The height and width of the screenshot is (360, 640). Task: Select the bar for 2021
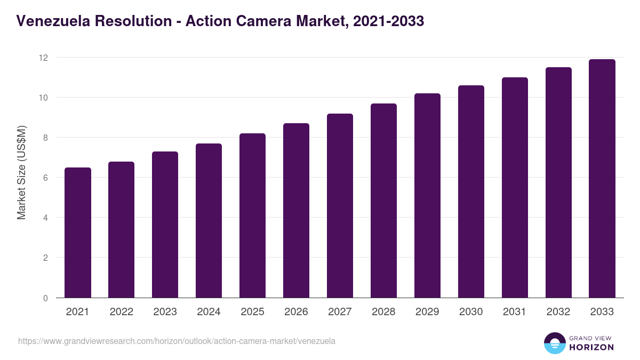click(x=78, y=233)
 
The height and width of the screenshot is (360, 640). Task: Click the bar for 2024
click(x=209, y=220)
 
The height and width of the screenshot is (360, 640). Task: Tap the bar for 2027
click(x=340, y=205)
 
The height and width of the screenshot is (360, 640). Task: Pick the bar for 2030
click(x=471, y=191)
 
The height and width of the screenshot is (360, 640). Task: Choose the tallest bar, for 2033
click(x=602, y=178)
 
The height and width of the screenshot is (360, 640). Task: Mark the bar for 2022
click(x=122, y=229)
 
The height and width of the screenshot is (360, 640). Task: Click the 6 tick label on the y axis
click(x=46, y=178)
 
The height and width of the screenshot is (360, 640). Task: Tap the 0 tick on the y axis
click(x=46, y=298)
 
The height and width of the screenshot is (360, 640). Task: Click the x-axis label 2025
click(x=253, y=312)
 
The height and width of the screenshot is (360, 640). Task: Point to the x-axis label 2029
click(x=427, y=312)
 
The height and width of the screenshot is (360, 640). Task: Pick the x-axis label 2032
click(x=558, y=312)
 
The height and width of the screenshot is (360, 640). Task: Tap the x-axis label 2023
click(x=165, y=312)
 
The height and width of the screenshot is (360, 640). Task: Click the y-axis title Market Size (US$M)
click(x=21, y=172)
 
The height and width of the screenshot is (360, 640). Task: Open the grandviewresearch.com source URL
click(x=177, y=341)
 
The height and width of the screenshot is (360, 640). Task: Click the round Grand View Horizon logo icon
click(x=555, y=343)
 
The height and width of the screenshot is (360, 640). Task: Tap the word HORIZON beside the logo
click(x=591, y=347)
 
